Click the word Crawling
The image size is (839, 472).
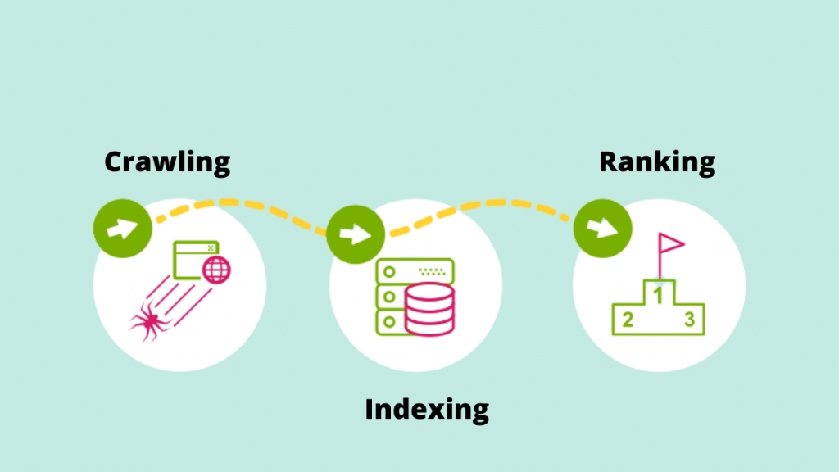click(167, 161)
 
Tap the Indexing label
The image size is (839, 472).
click(427, 408)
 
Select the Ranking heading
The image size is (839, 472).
click(657, 161)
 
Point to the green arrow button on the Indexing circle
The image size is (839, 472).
click(356, 234)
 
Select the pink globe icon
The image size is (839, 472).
click(216, 268)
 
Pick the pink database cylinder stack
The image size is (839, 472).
click(429, 309)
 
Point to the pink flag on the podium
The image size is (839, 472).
click(669, 243)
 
